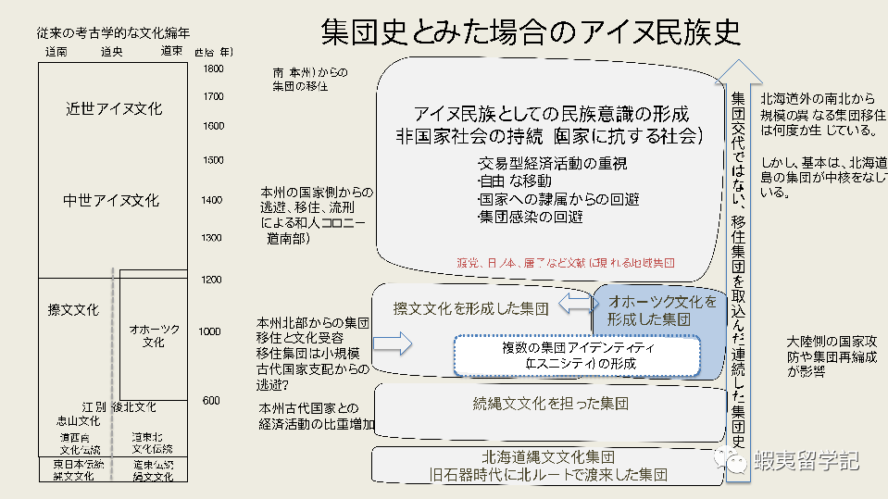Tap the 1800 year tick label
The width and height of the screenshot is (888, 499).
click(x=213, y=69)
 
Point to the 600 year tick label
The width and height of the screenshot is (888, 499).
click(x=211, y=400)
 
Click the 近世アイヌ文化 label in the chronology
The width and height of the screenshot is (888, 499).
click(x=114, y=108)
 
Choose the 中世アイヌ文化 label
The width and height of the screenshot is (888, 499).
click(x=111, y=201)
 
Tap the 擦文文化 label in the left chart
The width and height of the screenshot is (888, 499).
click(x=73, y=309)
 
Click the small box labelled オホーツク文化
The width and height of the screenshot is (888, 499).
click(x=154, y=335)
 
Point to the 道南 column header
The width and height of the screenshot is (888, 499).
click(x=56, y=51)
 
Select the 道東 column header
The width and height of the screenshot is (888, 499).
click(x=171, y=51)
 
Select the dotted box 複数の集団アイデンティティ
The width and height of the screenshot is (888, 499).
click(x=575, y=356)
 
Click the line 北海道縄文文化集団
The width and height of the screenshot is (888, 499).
click(x=549, y=457)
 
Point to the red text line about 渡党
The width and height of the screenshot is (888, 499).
click(x=566, y=262)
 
